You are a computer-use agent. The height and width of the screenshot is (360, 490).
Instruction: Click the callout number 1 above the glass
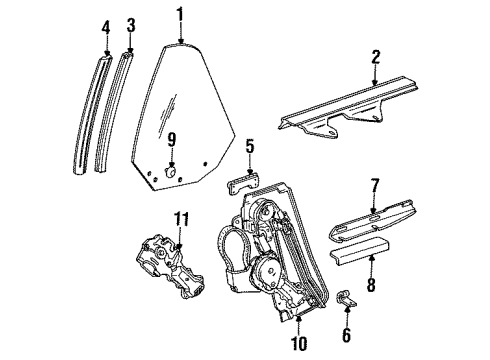(180, 14)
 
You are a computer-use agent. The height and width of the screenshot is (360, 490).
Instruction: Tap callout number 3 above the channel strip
(130, 24)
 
